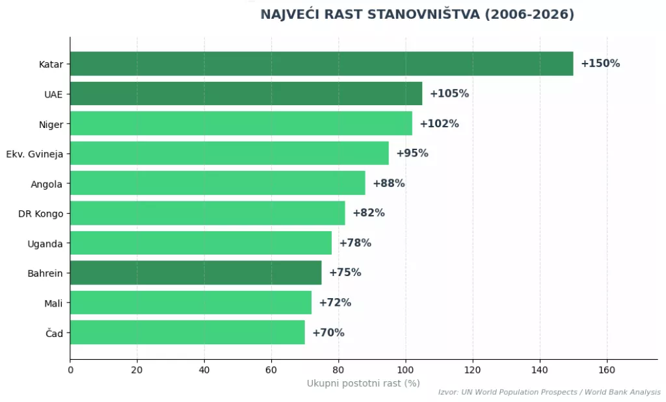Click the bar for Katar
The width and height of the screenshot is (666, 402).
pos(321,64)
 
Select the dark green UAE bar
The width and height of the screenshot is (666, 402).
pos(246,94)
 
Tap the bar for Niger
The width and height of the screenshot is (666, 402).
pos(241,123)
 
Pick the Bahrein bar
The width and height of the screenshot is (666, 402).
pos(195,273)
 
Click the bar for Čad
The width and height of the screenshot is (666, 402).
pos(187,333)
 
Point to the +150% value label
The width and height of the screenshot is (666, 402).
pos(600,64)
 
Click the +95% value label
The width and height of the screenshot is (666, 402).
pos(412,153)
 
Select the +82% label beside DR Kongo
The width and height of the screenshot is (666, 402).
pos(369,213)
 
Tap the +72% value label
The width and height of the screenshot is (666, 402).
pos(335,303)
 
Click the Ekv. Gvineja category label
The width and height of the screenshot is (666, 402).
pos(34,154)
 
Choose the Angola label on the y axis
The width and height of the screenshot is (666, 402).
pos(47,184)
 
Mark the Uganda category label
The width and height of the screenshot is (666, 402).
pos(45,244)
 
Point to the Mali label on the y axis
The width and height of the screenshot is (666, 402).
pos(53,303)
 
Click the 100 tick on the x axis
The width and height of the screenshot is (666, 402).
pos(406,370)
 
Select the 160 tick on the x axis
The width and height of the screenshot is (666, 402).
pos(607,370)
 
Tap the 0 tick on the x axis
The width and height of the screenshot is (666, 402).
pos(70,370)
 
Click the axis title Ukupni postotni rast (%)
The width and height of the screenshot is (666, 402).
pos(364,383)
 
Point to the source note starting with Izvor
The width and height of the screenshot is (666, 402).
pos(549,392)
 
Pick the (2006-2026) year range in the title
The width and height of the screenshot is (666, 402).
pos(529,14)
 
